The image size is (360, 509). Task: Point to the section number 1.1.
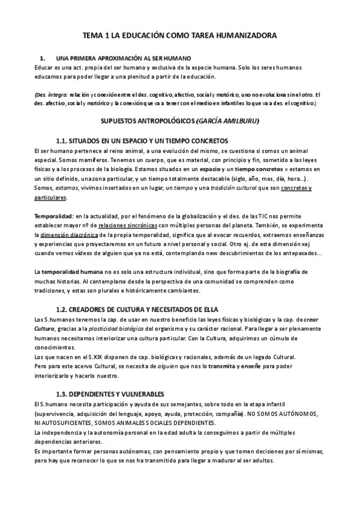pyautogui.click(x=64, y=140)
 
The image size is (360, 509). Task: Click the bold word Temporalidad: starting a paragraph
pyautogui.click(x=54, y=215)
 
